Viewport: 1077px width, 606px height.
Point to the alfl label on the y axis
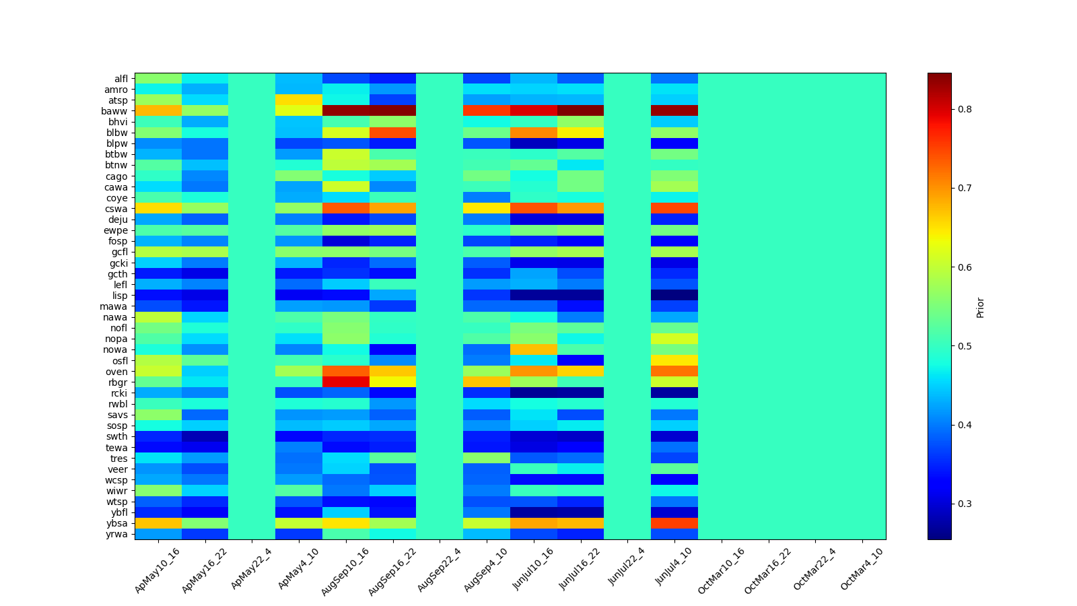120,79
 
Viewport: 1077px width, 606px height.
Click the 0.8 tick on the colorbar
965,109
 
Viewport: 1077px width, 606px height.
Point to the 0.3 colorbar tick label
965,504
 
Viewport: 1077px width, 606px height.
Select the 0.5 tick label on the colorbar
965,346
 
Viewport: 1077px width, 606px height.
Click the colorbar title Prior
980,306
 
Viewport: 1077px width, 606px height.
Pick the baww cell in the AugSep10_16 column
346,111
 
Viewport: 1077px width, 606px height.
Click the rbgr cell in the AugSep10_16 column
346,382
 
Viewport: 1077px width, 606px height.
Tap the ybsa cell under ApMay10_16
158,523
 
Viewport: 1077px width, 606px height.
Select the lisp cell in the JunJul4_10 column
674,296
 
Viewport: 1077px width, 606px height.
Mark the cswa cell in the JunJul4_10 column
674,209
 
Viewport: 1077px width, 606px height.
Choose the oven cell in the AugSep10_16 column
346,372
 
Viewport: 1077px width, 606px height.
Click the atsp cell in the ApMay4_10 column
299,100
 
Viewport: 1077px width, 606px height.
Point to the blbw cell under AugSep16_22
393,133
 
